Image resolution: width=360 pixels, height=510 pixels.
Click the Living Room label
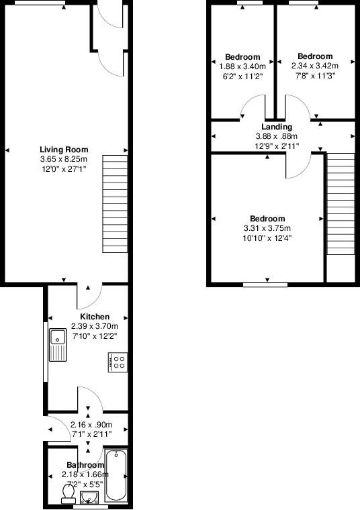64,150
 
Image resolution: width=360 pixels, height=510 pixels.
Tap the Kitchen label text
95,317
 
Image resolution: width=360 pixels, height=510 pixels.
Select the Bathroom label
85,465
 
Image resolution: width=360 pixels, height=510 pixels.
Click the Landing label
277,127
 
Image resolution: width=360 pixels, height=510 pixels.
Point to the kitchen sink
56,346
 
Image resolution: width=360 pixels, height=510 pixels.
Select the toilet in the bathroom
67,493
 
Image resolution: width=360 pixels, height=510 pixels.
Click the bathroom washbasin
89,497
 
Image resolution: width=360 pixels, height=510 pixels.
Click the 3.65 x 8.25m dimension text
64,159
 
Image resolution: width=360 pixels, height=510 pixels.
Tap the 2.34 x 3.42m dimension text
314,66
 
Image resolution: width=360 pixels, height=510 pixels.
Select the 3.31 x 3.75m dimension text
267,228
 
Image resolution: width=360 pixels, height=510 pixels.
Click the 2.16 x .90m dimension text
92,425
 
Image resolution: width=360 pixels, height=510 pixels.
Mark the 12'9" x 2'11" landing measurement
277,146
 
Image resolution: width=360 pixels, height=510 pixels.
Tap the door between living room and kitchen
89,294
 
